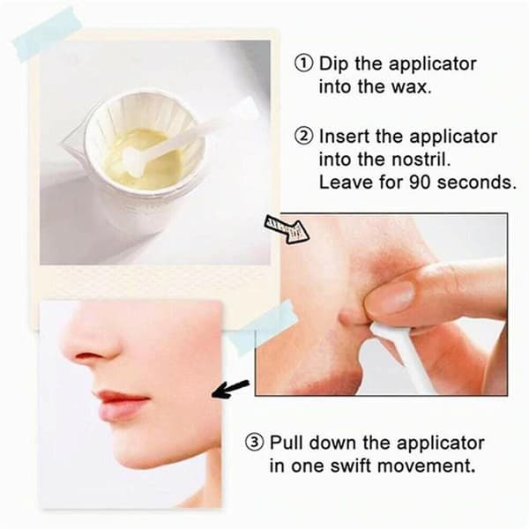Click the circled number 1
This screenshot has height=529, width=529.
303,63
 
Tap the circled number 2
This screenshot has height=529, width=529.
303,137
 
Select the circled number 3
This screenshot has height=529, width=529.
254,443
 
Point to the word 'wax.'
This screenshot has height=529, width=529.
411,87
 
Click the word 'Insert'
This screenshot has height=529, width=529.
344,137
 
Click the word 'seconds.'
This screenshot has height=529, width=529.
477,183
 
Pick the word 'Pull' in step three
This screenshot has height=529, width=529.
287,443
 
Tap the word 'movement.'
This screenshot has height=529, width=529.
426,466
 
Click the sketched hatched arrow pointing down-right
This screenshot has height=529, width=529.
287,230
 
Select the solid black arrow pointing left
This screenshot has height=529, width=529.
231,388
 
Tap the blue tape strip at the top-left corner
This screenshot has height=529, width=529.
48,34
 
